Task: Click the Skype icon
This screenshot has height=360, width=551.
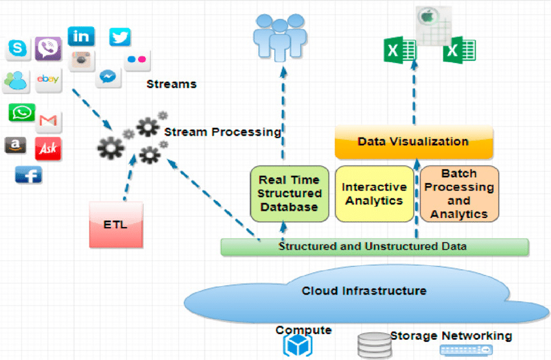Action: (x=18, y=48)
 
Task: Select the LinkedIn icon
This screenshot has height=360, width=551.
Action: (x=81, y=36)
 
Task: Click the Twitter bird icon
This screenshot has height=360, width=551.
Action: (x=120, y=38)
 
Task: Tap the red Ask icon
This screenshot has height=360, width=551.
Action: (x=48, y=149)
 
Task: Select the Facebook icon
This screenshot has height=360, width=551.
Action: (x=28, y=174)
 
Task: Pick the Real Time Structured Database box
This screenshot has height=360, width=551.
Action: (x=290, y=193)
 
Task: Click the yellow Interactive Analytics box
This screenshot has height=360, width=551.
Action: (x=374, y=193)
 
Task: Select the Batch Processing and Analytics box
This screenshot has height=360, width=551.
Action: (x=459, y=193)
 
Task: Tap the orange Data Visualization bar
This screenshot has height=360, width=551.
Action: (x=414, y=142)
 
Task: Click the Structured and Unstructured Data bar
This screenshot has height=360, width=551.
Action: (x=374, y=246)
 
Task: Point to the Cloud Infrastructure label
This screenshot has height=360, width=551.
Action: (x=364, y=290)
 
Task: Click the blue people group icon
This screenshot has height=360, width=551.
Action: (x=280, y=36)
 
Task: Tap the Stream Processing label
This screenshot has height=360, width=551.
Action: (x=222, y=132)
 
